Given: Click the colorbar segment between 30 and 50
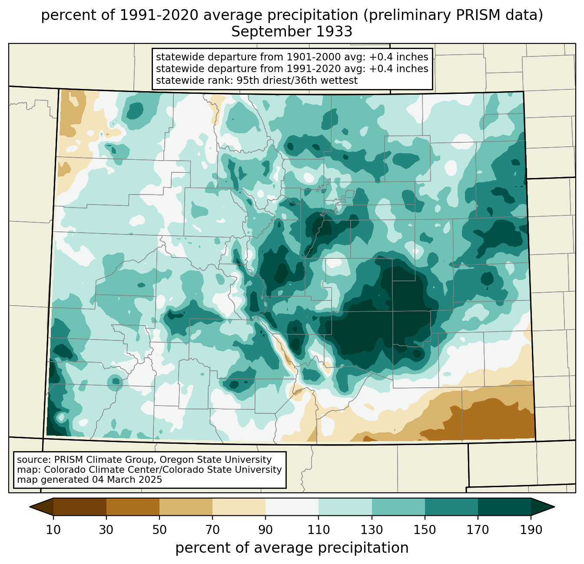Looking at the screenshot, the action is click(133, 507).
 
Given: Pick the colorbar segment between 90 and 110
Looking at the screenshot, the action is click(292, 507).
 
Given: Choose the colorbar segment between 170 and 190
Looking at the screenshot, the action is click(504, 507).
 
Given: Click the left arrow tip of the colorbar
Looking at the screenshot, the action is click(30, 507).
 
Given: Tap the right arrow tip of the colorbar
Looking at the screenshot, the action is click(554, 507).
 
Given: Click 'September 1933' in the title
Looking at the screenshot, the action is click(292, 32).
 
